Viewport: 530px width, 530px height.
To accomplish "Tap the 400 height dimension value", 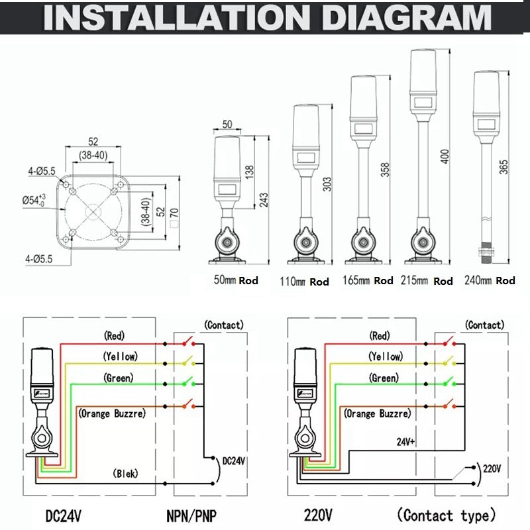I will point(445,156).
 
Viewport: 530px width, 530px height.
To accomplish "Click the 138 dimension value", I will point(250,170).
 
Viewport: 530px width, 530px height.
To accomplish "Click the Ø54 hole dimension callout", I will point(34,199).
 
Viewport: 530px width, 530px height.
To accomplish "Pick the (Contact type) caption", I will point(446,515).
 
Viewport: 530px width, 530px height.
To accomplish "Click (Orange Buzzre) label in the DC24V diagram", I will point(112,413).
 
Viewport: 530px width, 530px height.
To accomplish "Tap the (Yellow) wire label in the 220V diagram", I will point(386,356).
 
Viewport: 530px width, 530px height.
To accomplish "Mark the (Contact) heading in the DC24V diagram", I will point(224,325).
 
